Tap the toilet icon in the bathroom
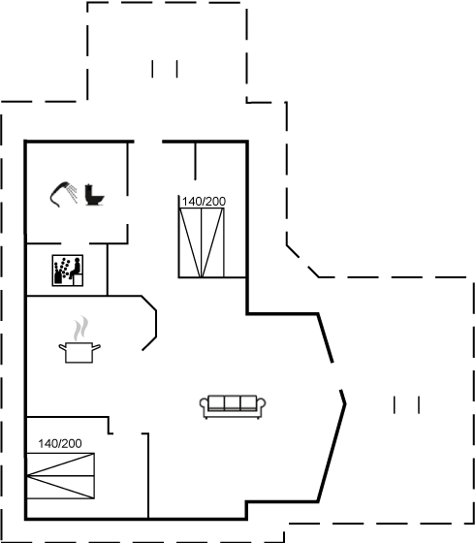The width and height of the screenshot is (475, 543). point(94,195)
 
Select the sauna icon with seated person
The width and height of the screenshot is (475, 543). point(68,271)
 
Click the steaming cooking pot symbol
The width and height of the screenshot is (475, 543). point(79,339)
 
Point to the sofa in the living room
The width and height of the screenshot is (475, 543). point(233,406)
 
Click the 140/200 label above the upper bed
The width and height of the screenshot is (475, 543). point(204,202)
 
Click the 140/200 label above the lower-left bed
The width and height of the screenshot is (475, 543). point(60,444)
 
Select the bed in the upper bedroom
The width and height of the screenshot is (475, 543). point(202,242)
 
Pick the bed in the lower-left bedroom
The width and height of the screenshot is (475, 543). point(60,476)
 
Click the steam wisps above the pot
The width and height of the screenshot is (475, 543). point(80,328)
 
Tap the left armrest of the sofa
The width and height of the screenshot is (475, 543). point(205,405)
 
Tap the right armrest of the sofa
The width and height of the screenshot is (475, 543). point(261,405)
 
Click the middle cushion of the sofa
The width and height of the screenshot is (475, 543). point(233,403)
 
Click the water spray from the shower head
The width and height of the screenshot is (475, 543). point(73,193)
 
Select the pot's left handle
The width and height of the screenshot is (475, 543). point(62,347)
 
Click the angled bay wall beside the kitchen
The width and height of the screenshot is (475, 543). point(149,323)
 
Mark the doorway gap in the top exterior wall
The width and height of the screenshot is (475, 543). point(148,142)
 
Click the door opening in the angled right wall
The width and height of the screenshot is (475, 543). point(337,376)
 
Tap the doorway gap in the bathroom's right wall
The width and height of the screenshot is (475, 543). point(127,209)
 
